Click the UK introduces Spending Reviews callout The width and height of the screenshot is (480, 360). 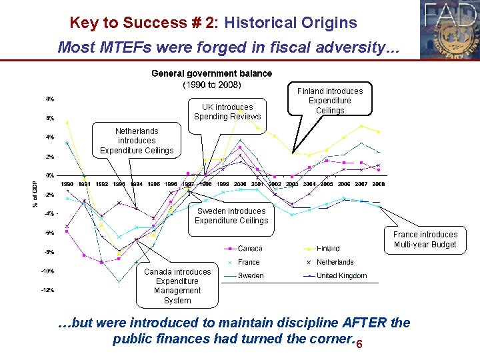click(x=227, y=111)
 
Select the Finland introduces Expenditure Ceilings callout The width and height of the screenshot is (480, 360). click(x=330, y=101)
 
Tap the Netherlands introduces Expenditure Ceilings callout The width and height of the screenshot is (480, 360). click(x=137, y=141)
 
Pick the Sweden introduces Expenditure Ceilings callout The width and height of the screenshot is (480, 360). click(x=231, y=216)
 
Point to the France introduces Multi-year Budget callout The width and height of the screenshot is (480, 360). click(x=425, y=239)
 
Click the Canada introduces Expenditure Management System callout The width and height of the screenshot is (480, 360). click(x=177, y=286)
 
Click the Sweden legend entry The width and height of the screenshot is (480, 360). click(x=251, y=275)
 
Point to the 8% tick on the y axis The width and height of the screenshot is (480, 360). click(x=50, y=99)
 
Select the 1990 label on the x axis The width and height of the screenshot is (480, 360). click(x=67, y=184)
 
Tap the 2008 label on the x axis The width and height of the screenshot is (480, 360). click(x=378, y=184)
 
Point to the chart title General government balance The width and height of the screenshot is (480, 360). click(x=211, y=73)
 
